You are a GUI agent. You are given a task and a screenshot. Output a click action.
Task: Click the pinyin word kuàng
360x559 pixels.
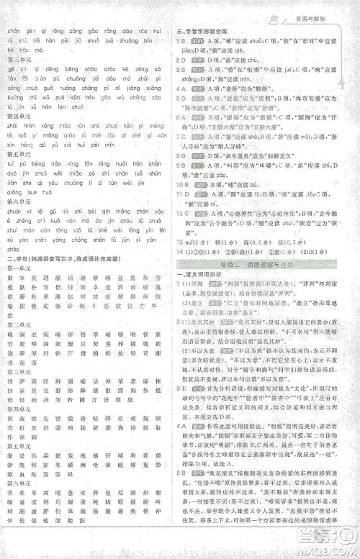pyautogui.click(x=14, y=96)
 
